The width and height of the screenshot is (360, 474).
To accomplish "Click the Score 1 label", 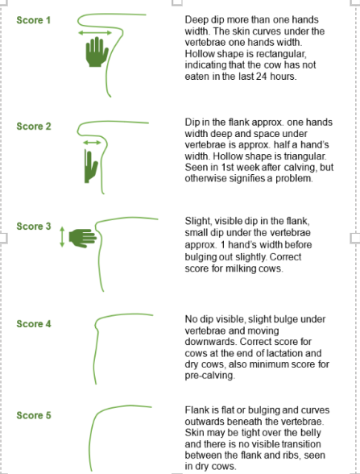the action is coord(34,20).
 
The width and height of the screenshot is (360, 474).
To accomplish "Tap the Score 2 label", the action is coord(34,127).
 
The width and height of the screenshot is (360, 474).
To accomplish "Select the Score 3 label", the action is coord(34,227).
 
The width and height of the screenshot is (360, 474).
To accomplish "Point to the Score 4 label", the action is coord(34,324).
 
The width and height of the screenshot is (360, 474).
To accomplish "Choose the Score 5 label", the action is coord(34,415).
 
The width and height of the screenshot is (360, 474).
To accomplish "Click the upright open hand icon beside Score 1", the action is coord(97,52).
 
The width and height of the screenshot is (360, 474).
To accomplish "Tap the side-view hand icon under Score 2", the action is coord(90,166).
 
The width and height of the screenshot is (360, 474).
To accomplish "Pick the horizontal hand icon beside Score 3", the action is coord(83,239).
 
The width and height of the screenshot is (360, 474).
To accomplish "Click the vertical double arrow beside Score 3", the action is coord(62,237).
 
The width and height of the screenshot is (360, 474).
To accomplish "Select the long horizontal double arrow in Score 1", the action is coord(95,32).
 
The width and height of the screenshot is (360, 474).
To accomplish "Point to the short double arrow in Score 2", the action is coord(92,143).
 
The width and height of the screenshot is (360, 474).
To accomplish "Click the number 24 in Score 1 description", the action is coord(262,77).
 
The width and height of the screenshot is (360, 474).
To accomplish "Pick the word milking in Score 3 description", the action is coord(241,268).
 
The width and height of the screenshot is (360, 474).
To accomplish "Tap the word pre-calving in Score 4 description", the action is coord(209,376).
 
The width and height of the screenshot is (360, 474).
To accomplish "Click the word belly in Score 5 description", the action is coord(311,433).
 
